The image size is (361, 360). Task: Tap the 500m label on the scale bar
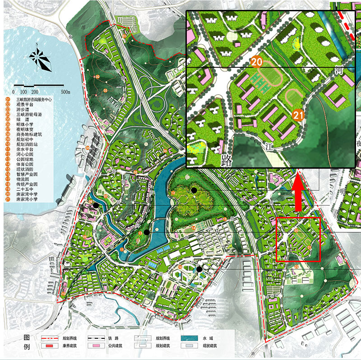coord(65,92)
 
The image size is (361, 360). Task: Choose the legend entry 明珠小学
coord(23,124)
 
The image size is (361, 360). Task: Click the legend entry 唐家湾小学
coord(25,199)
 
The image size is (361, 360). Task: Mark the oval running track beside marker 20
coord(271,75)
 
